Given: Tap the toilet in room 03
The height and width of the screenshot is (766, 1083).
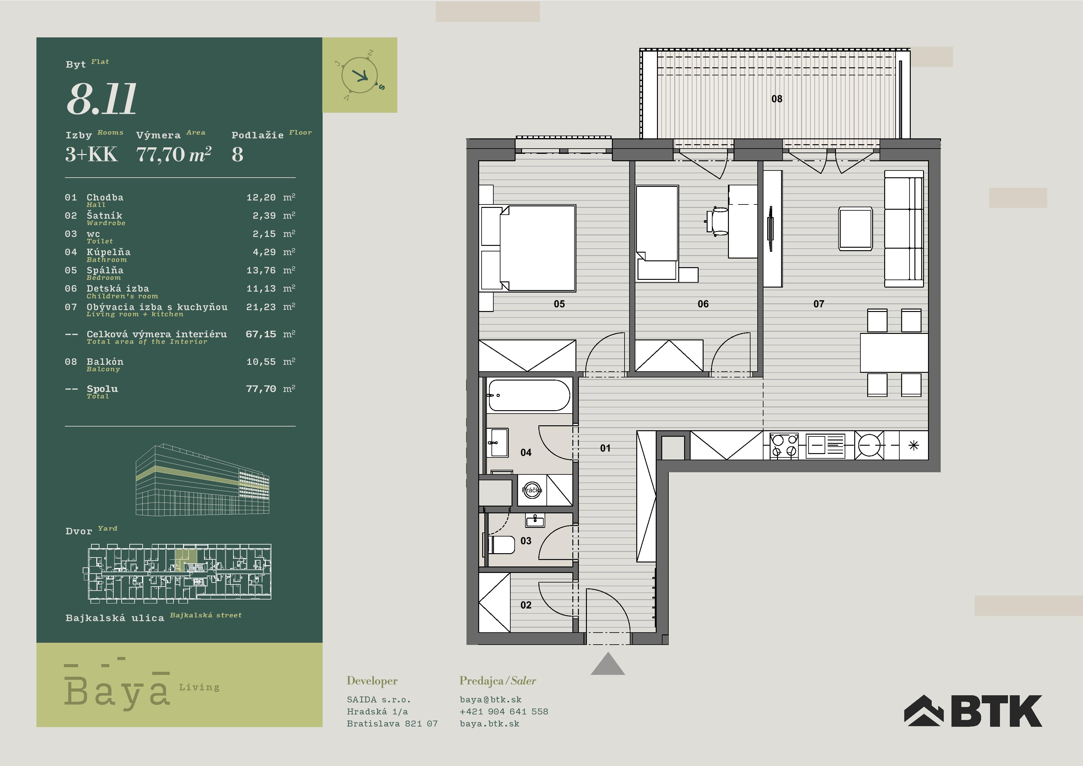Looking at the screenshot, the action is pos(500,545).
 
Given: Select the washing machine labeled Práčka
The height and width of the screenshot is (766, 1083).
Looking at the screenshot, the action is pos(532,490).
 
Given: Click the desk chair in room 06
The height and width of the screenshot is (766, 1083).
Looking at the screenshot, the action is pos(718,221).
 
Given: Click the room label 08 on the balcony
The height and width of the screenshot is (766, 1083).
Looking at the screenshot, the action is pos(777,99).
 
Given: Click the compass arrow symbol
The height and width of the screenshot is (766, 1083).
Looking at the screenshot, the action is pos(361,75).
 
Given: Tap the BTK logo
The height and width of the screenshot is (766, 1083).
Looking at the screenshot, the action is pos(973,711).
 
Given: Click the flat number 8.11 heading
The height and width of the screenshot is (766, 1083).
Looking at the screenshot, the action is pos(101,99).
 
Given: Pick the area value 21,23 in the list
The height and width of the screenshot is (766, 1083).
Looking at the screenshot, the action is pos(261,307).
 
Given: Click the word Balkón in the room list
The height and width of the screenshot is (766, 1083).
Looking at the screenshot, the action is pos(105,361).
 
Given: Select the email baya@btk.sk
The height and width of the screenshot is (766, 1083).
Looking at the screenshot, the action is pos(491,700).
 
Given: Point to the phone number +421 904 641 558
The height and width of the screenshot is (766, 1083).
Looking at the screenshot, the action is pos(504,711).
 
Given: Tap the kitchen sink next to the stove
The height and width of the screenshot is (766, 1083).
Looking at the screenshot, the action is pos(826,445).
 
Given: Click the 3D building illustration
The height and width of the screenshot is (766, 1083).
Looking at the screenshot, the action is pos(203,479).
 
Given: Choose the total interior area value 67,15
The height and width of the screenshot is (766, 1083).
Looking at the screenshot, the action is pos(261,335).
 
